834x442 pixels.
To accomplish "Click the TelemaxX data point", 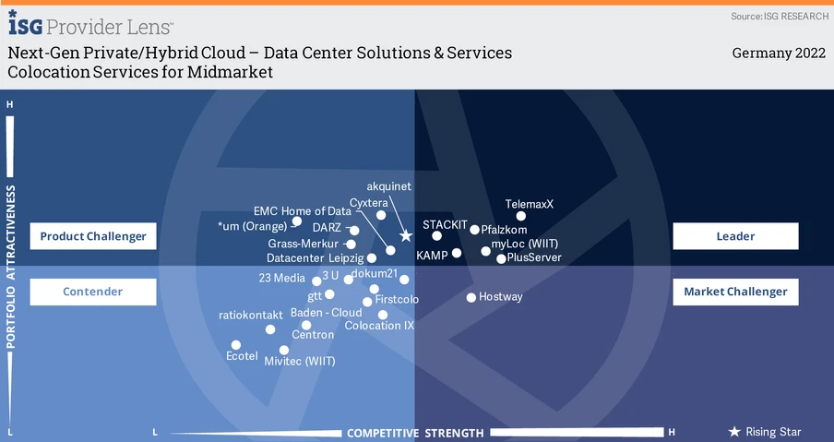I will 521,216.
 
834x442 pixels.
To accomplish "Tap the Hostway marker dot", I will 471,297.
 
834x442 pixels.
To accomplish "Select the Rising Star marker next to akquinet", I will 406,236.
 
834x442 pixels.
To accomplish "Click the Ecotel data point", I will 236,345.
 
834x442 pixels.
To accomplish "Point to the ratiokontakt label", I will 251,315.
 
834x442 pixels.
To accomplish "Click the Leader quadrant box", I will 735,236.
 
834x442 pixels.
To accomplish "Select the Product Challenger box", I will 93,236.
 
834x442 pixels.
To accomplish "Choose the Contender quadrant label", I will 93,292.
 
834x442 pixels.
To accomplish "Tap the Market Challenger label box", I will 735,292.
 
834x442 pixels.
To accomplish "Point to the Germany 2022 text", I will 779,54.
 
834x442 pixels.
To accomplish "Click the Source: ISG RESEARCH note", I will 779,17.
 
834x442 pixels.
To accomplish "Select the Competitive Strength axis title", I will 415,433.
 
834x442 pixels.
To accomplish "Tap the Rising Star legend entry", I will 766,432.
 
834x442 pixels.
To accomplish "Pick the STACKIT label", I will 446,224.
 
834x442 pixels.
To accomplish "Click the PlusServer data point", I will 501,258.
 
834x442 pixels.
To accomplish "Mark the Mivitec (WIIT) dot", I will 284,350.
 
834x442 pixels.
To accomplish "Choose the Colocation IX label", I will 379,326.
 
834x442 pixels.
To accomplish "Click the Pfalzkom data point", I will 475,230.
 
